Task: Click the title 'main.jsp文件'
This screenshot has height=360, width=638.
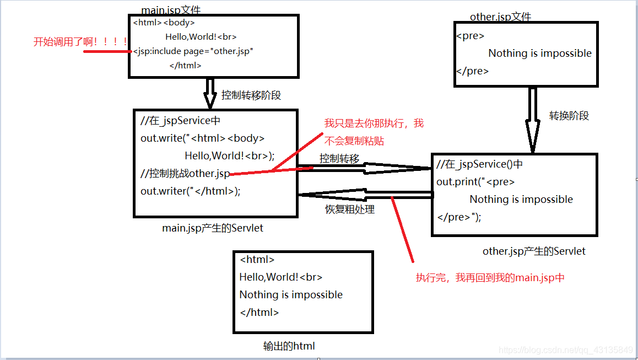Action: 171,10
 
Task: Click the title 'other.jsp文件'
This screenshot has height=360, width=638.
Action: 500,17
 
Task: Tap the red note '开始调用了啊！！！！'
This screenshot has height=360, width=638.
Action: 80,42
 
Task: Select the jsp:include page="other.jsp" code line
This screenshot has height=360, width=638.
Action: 193,51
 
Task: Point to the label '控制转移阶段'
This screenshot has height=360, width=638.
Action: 251,95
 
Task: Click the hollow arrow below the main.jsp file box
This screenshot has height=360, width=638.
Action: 209,93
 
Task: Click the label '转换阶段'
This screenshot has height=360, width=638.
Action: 569,116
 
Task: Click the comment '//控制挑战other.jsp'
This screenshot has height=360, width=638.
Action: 185,174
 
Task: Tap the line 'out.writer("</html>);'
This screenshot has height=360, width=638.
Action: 191,191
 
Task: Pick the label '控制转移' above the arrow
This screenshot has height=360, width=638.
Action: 339,159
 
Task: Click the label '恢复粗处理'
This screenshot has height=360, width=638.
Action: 350,209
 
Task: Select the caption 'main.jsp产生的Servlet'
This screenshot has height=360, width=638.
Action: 213,228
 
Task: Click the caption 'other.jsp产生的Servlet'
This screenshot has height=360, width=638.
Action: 534,251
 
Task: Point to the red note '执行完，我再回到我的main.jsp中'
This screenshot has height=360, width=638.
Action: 490,278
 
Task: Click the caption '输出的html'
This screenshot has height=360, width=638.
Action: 289,346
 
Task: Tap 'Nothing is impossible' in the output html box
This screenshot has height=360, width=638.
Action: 291,295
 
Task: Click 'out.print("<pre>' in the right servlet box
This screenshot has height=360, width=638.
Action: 475,182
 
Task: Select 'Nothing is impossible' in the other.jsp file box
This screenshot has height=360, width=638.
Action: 540,53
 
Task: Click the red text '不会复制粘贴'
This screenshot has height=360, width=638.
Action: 354,141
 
